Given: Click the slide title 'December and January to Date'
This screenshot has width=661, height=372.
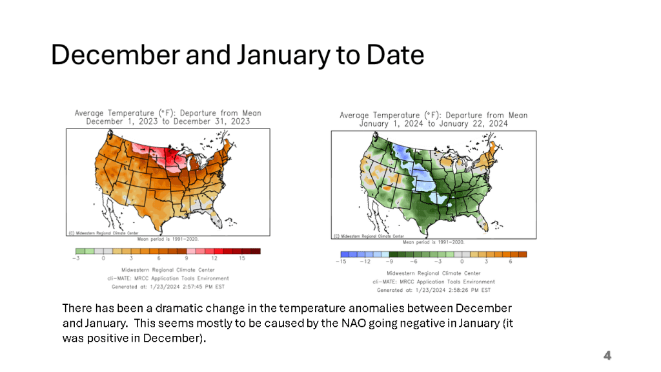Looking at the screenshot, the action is pyautogui.click(x=238, y=56).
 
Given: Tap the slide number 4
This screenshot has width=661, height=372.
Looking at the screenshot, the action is pyautogui.click(x=607, y=355).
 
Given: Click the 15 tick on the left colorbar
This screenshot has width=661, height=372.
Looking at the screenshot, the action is pyautogui.click(x=242, y=258).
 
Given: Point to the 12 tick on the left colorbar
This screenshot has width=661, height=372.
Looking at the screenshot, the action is pyautogui.click(x=214, y=258).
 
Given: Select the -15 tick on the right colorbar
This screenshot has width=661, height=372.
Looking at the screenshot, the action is pyautogui.click(x=341, y=262).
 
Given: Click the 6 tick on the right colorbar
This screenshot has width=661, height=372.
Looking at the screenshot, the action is pyautogui.click(x=511, y=262).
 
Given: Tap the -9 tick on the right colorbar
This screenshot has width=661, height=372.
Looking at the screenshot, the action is pyautogui.click(x=389, y=262).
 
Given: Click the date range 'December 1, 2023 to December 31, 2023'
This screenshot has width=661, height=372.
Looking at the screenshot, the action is pyautogui.click(x=168, y=121).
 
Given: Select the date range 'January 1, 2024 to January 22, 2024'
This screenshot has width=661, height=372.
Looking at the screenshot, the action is pyautogui.click(x=433, y=123).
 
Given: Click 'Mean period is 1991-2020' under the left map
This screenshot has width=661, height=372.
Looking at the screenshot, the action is pyautogui.click(x=168, y=239).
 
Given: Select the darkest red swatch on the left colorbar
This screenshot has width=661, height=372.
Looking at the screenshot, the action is pyautogui.click(x=256, y=251).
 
